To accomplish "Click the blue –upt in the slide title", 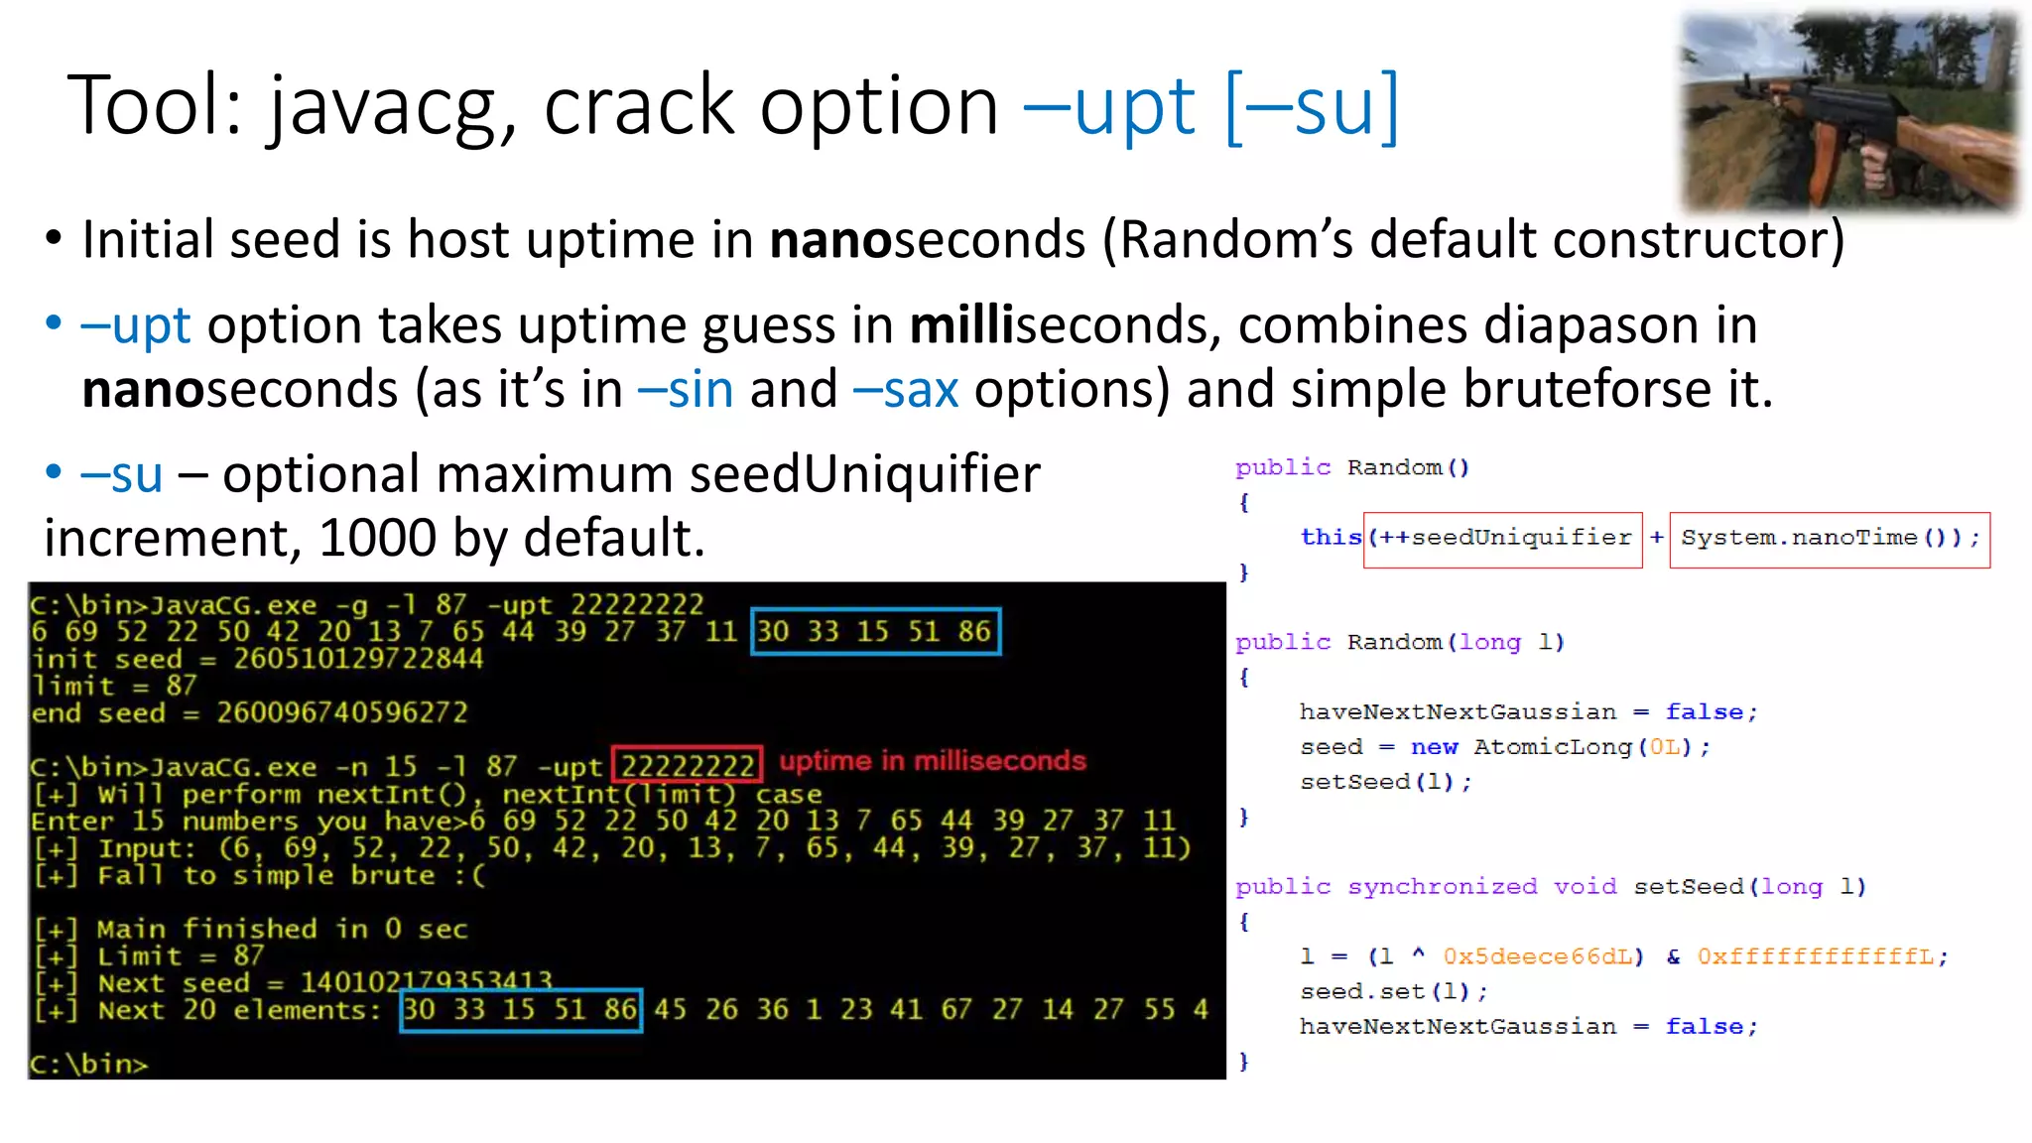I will pos(1109,107).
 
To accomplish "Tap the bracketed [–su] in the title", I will pos(1312,107).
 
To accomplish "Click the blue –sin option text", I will pos(686,389).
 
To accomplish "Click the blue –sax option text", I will pos(905,389).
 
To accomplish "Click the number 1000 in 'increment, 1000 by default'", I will pos(377,538).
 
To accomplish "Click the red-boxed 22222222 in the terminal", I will pos(687,766).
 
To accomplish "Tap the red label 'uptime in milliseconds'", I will pos(933,761).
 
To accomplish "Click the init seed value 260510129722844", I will pos(358,659).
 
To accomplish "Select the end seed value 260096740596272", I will pos(341,712).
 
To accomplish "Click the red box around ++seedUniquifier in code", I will pos(1502,539).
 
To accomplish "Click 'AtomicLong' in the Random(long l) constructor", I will pos(1553,747).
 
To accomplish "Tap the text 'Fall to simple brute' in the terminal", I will pos(266,875).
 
